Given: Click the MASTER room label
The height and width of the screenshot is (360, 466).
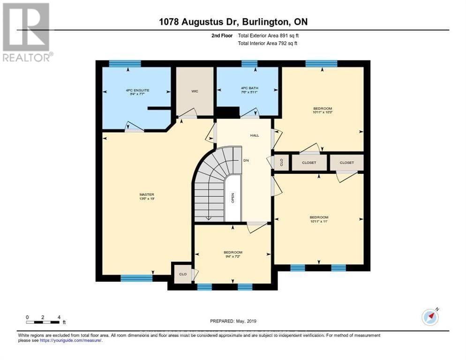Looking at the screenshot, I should pos(147,195).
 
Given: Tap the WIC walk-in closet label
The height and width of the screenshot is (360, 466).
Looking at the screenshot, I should pos(195,91).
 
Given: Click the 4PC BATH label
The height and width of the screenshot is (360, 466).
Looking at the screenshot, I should pos(247,88).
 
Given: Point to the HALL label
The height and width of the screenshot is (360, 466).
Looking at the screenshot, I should pos(254,135).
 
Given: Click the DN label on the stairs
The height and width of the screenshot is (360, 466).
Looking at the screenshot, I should pos(246,160).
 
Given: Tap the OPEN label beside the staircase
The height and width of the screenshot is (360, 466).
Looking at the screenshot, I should pos(233,198).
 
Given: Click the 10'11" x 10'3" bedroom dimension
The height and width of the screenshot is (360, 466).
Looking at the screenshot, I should pos(323,112).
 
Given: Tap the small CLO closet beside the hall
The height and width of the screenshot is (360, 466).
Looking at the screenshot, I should pos(281,162).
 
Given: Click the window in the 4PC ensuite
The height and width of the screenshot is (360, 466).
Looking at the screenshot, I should pos(125,64).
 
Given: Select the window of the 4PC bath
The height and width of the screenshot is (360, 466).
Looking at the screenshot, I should pos(249,64).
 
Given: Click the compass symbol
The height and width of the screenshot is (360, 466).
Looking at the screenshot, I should pos(430,317).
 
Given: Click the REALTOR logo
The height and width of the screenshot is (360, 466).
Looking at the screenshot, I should pos(26,32).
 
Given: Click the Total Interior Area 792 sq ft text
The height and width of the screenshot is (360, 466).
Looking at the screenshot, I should pos(268,43).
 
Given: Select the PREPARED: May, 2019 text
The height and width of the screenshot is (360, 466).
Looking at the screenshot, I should pos(233,321).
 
